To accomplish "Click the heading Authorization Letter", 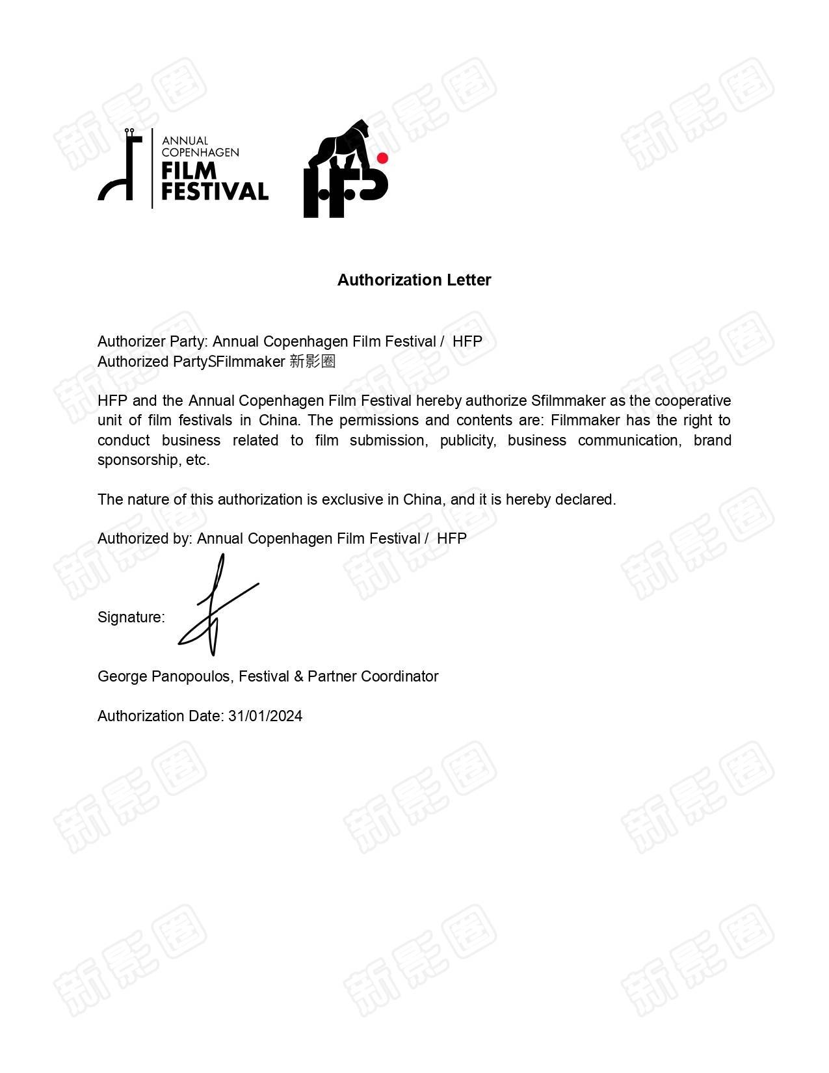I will pyautogui.click(x=414, y=280).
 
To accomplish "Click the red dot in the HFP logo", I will pyautogui.click(x=382, y=158).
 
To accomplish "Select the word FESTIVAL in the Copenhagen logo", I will pyautogui.click(x=215, y=191).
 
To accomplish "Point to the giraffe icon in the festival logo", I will pyautogui.click(x=122, y=166).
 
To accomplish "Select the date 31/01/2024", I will pyautogui.click(x=265, y=716).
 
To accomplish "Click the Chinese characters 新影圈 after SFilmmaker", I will pyautogui.click(x=312, y=362).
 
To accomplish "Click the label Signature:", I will pyautogui.click(x=131, y=617).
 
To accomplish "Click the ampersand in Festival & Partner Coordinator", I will pyautogui.click(x=299, y=676).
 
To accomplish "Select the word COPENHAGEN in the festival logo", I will pyautogui.click(x=200, y=153).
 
